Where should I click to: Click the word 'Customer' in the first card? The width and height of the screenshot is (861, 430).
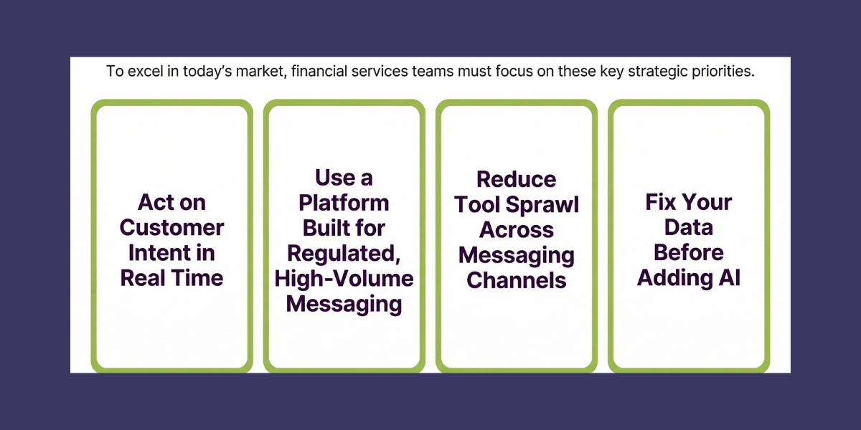coord(172,228)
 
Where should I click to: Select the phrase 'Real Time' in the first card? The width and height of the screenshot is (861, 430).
coord(172,278)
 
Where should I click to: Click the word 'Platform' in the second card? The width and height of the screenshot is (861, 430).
coord(344,203)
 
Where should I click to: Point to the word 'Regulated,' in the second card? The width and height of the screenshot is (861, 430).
coord(344,253)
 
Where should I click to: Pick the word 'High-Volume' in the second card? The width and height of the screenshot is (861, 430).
coord(344,278)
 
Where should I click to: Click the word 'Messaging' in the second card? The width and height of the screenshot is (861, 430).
coord(344,303)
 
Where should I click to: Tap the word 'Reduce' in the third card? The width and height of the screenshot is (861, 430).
coord(517,179)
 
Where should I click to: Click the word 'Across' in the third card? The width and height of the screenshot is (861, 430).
coord(517,229)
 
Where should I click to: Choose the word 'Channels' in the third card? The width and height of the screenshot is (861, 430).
coord(517,279)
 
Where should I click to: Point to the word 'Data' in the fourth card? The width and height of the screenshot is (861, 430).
coord(689,228)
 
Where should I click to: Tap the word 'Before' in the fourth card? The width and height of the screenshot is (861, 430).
coord(689,253)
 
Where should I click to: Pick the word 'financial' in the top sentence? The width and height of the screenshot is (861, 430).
coord(319,72)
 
